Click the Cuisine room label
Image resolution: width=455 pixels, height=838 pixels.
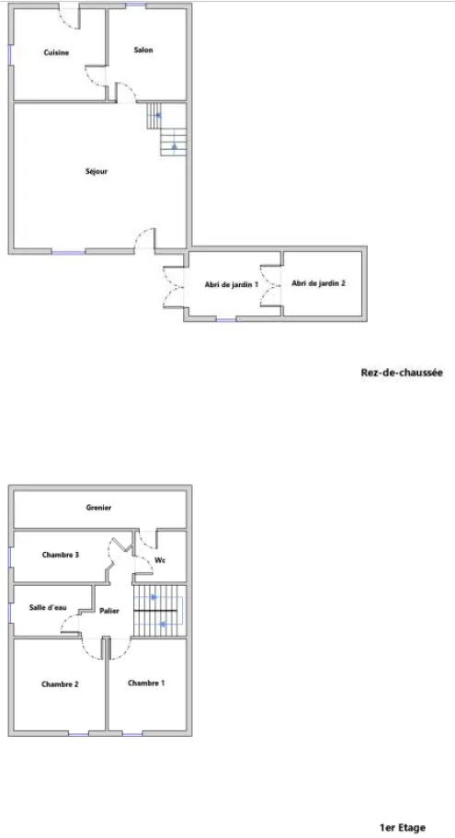tap(56, 52)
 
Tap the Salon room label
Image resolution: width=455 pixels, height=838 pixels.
tap(143, 51)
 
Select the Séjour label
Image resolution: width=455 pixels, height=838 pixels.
tap(97, 171)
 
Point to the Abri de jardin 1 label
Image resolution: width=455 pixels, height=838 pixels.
tap(232, 284)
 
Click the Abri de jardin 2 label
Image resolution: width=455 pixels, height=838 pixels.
tap(318, 283)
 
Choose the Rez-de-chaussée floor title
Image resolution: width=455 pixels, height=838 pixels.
tap(402, 373)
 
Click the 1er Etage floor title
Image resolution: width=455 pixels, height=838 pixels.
tap(403, 828)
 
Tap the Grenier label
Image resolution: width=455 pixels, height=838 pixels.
tap(98, 508)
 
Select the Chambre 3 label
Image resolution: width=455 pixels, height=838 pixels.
tap(61, 555)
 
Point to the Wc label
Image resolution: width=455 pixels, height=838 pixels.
tap(160, 560)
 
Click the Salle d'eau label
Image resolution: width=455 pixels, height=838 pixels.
tap(48, 608)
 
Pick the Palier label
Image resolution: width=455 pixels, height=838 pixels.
tap(109, 611)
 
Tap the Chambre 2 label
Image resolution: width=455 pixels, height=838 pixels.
tap(60, 684)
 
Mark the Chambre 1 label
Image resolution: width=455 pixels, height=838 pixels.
tap(146, 683)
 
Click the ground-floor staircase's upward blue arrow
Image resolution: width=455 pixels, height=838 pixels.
tap(174, 145)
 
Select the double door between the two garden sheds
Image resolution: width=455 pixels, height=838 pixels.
tap(271, 285)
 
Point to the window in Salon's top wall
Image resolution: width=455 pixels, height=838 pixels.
tap(136, 6)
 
